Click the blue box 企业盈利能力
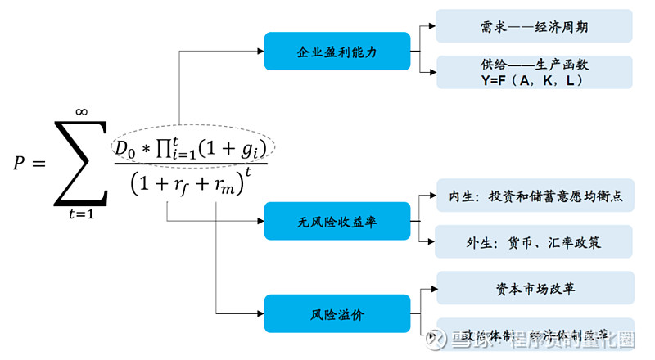pos(336,51)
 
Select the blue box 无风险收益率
pos(336,221)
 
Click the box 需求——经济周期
pos(534,26)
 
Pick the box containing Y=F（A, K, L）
pos(534,72)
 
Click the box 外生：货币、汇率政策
pos(534,242)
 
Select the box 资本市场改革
pos(534,288)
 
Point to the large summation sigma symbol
pos(81,164)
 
